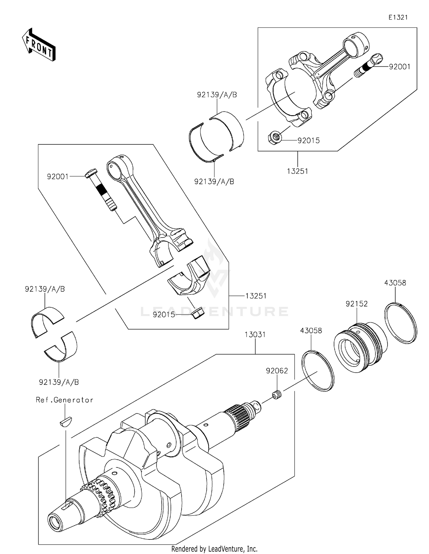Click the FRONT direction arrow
[39, 45]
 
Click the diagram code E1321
[398, 17]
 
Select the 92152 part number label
[356, 304]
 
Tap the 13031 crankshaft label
[255, 334]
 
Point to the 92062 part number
[277, 371]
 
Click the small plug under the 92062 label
[277, 396]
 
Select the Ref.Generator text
[64, 400]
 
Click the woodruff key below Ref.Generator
[66, 422]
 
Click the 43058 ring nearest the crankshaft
[318, 371]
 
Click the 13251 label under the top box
[297, 171]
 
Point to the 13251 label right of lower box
[256, 296]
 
